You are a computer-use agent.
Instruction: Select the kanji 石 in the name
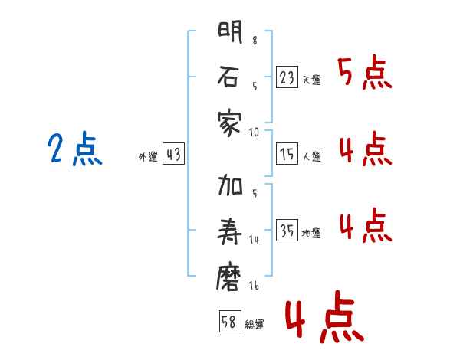point(230,78)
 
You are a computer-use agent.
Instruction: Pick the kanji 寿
point(230,231)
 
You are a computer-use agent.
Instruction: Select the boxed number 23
point(287,77)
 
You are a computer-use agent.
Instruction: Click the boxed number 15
point(287,154)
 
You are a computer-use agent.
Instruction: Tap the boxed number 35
point(287,231)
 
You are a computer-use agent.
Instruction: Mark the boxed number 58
point(229,321)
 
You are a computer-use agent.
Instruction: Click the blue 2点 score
point(74,149)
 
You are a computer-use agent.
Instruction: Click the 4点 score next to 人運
point(364,149)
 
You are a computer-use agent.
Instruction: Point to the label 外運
point(147,157)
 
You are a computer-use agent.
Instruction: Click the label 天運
point(312,80)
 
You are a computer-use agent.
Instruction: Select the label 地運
point(312,234)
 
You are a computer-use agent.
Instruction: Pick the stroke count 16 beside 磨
point(253,285)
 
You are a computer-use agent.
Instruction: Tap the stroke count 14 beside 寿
point(254,240)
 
